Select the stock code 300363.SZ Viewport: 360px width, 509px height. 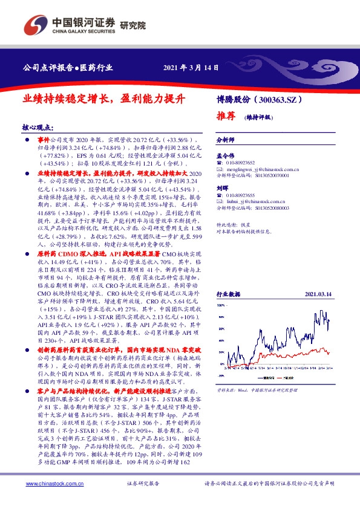tap(279, 99)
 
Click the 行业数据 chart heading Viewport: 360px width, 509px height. tap(229, 294)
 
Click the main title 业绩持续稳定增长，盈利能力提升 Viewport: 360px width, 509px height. tap(103, 97)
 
